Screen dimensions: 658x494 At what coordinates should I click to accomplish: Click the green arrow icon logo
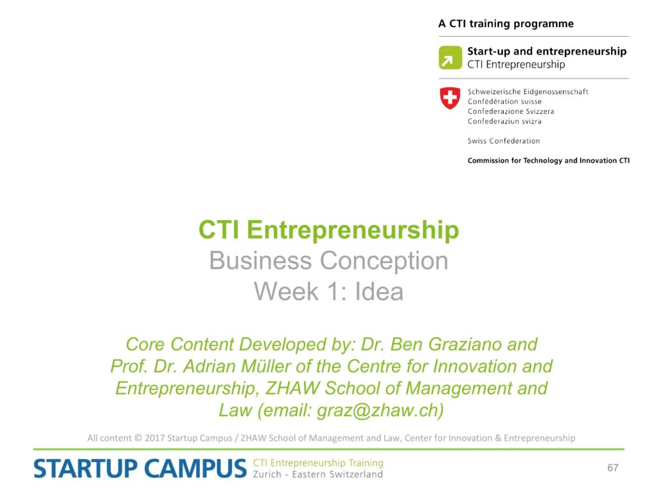pyautogui.click(x=450, y=57)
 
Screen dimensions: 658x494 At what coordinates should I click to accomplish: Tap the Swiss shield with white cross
pyautogui.click(x=450, y=98)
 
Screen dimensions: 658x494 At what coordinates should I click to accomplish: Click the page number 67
pyautogui.click(x=612, y=468)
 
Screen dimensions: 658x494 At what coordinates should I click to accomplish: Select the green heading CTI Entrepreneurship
pyautogui.click(x=328, y=230)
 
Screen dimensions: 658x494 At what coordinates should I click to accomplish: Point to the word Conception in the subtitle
pyautogui.click(x=384, y=261)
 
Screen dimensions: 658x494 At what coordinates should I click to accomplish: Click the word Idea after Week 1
pyautogui.click(x=379, y=291)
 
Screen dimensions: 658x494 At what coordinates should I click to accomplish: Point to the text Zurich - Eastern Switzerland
pyautogui.click(x=317, y=474)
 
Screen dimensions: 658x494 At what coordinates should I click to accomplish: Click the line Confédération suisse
pyautogui.click(x=504, y=101)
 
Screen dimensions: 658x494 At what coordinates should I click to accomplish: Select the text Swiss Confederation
pyautogui.click(x=504, y=141)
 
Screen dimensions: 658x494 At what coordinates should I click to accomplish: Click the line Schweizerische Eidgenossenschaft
pyautogui.click(x=528, y=91)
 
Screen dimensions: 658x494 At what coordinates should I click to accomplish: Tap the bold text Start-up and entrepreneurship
pyautogui.click(x=547, y=51)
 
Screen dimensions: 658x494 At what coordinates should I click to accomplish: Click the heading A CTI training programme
pyautogui.click(x=506, y=24)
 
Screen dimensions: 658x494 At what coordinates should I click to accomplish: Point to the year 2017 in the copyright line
pyautogui.click(x=154, y=437)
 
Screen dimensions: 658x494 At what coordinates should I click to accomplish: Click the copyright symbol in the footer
pyautogui.click(x=138, y=437)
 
